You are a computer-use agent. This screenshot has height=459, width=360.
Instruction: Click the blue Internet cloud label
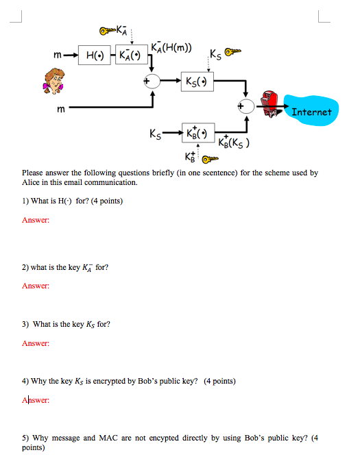311,111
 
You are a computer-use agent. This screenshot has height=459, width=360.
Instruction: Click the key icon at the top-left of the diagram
108,30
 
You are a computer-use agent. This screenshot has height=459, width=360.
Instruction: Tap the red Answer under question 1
35,220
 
